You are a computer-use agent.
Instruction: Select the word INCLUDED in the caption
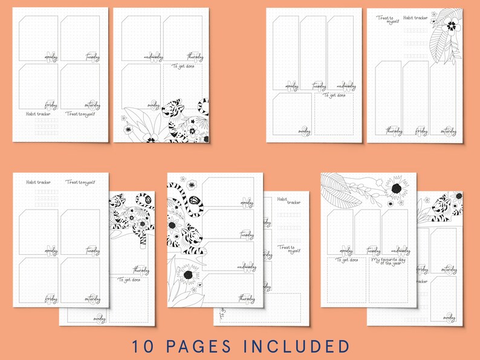[x=299, y=346]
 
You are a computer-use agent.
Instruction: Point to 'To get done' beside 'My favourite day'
[x=345, y=260]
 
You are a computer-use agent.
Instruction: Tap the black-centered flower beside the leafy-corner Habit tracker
[x=451, y=25]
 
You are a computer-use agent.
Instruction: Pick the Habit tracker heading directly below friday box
[x=38, y=114]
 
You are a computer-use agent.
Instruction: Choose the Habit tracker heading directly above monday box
[x=38, y=182]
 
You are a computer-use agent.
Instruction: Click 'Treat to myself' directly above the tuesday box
[x=80, y=182]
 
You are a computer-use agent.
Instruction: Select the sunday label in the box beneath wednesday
[x=304, y=130]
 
